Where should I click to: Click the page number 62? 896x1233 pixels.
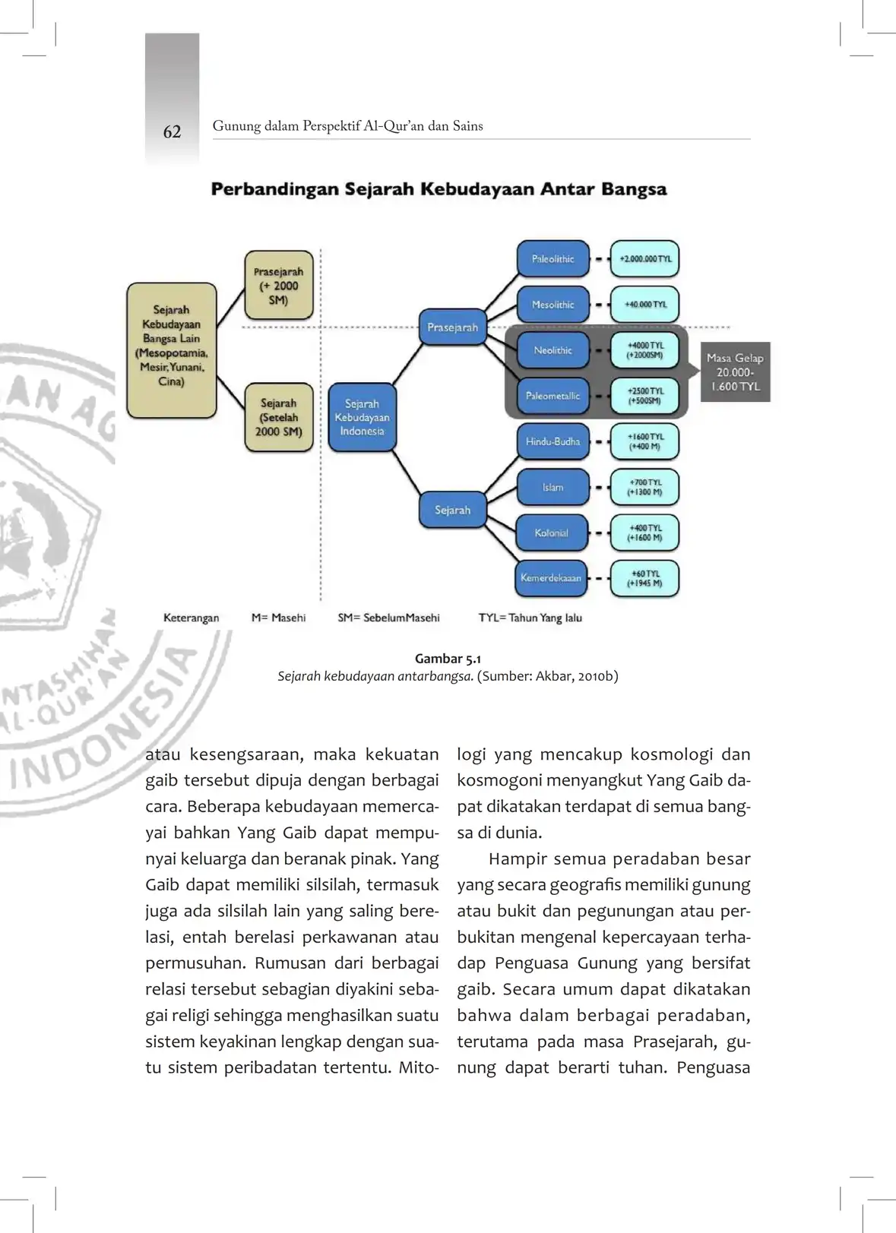(172, 131)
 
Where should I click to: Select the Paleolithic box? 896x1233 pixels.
(552, 259)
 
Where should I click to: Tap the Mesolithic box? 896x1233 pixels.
(552, 305)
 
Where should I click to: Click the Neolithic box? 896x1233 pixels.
(552, 350)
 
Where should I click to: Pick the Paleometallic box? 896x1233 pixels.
(552, 396)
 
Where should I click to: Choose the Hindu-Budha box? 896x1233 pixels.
(552, 441)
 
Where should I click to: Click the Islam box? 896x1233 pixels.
(552, 487)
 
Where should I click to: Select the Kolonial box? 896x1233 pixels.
(552, 533)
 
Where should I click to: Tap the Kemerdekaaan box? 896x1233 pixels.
(551, 578)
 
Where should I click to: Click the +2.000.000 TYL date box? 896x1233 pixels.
(644, 259)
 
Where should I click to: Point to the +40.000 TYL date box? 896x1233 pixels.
(644, 305)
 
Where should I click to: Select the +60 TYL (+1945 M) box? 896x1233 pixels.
(644, 578)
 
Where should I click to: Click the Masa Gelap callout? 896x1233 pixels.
(735, 372)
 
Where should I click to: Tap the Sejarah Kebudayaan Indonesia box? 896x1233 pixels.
(362, 417)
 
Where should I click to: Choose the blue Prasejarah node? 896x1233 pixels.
(452, 327)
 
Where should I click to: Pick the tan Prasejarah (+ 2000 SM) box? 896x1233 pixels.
(278, 286)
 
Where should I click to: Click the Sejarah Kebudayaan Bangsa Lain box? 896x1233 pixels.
(172, 350)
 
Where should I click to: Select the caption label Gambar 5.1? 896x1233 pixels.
(448, 659)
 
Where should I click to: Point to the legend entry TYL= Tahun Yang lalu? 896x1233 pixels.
(530, 618)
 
